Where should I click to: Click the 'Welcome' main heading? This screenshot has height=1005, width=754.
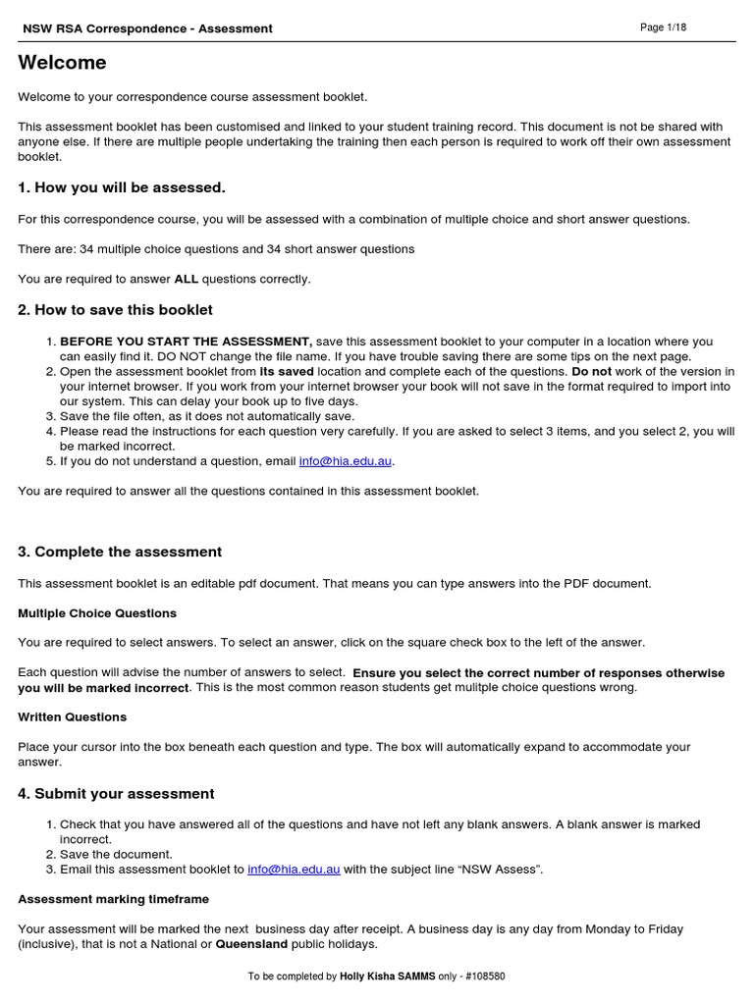pyautogui.click(x=62, y=64)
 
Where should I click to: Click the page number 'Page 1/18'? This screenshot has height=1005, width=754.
pyautogui.click(x=663, y=27)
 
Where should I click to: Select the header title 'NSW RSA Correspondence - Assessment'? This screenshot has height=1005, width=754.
pyautogui.click(x=147, y=28)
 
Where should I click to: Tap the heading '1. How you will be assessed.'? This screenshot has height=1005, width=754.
pyautogui.click(x=122, y=187)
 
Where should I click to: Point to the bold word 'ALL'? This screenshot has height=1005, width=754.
pyautogui.click(x=186, y=280)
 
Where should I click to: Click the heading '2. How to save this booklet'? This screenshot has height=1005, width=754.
pyautogui.click(x=115, y=310)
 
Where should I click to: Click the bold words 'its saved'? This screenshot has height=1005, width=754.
pyautogui.click(x=287, y=372)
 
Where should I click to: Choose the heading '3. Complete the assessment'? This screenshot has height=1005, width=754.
pyautogui.click(x=120, y=552)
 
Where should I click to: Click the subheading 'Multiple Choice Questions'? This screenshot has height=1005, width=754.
pyautogui.click(x=97, y=613)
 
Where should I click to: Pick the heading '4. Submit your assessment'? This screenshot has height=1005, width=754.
pyautogui.click(x=116, y=794)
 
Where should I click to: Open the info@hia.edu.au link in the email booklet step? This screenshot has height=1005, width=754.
pyautogui.click(x=294, y=870)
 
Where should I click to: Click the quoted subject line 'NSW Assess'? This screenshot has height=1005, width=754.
pyautogui.click(x=503, y=870)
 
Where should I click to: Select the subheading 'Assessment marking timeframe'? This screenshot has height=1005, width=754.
pyautogui.click(x=113, y=899)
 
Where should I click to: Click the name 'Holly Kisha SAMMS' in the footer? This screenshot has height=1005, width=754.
pyautogui.click(x=386, y=978)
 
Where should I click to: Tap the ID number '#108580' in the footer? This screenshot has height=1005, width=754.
pyautogui.click(x=486, y=978)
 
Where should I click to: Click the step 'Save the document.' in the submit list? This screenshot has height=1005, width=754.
pyautogui.click(x=116, y=855)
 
